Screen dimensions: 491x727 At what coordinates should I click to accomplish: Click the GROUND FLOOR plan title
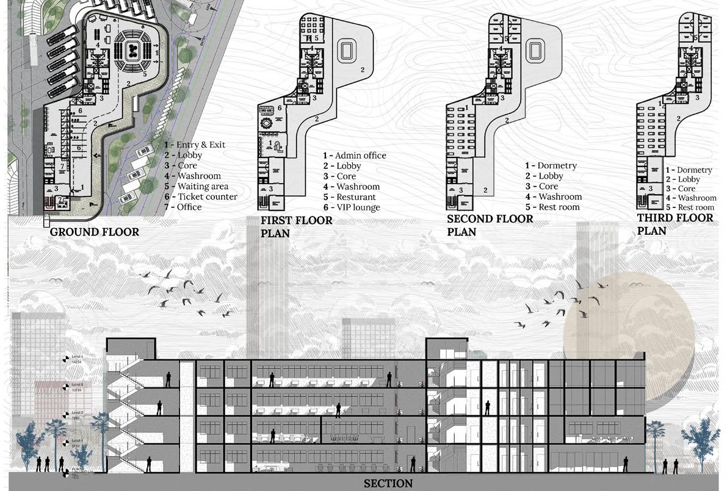pyautogui.click(x=94, y=232)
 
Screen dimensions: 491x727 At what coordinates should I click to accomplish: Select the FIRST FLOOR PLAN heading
pyautogui.click(x=296, y=226)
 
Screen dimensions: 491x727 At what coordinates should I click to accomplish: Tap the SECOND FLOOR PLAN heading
pyautogui.click(x=490, y=224)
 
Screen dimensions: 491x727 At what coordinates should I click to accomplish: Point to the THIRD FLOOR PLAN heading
pyautogui.click(x=675, y=224)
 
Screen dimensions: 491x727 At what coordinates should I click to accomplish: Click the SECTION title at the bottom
pyautogui.click(x=388, y=484)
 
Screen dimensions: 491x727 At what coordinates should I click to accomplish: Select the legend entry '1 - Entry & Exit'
pyautogui.click(x=195, y=145)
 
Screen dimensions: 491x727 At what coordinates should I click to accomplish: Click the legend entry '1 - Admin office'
pyautogui.click(x=355, y=156)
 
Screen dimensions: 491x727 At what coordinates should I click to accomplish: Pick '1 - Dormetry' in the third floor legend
pyautogui.click(x=689, y=170)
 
